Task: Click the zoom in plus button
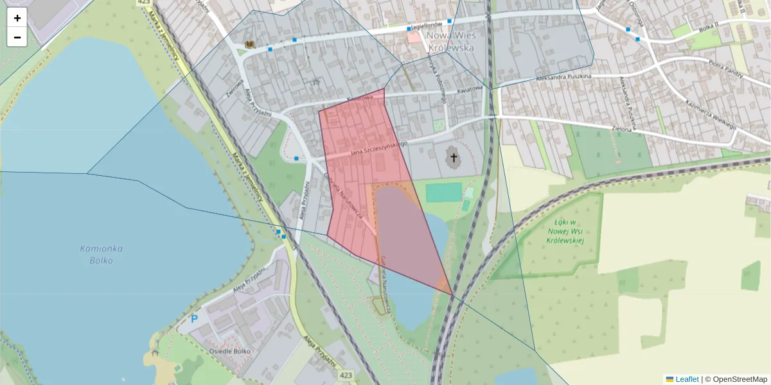coord(17,18)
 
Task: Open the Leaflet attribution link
coord(687,379)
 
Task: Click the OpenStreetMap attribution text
coord(740,379)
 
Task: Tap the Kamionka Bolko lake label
coord(97,254)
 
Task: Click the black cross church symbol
coord(454,157)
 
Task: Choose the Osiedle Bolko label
coord(229,352)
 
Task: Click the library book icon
coord(249,44)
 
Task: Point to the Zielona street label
coord(623,128)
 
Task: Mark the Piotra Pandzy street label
coord(725,68)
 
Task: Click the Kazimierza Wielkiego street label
coord(710,115)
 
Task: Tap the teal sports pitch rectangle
coord(443,192)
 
